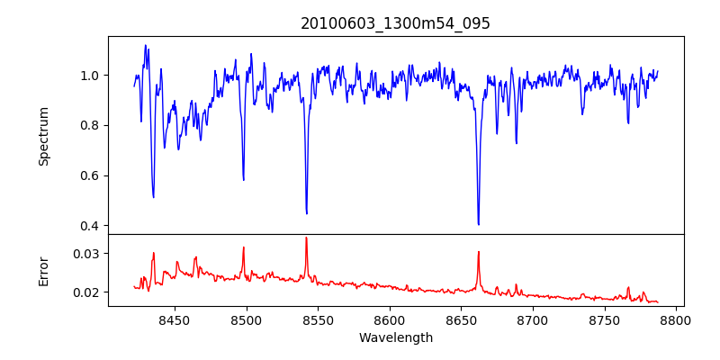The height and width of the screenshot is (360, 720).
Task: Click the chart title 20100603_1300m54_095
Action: click(395, 23)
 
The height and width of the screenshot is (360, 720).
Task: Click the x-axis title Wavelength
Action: click(396, 338)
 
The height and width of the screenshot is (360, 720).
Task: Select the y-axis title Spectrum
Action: click(44, 136)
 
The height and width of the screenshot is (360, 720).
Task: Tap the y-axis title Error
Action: click(44, 270)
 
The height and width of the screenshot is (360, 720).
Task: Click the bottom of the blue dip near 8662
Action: click(479, 224)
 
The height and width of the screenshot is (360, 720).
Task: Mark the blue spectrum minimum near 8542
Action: click(307, 213)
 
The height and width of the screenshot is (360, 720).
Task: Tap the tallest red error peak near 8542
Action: click(306, 238)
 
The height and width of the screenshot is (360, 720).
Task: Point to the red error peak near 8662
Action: click(478, 252)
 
